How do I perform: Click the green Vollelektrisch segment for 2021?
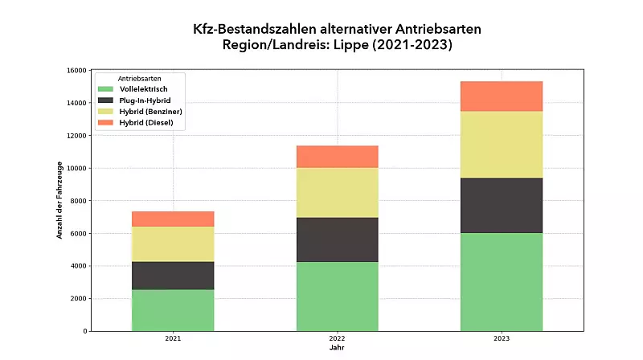[x=173, y=310]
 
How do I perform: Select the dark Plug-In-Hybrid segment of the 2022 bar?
[x=338, y=239]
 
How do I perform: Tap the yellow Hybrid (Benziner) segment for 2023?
[x=502, y=145]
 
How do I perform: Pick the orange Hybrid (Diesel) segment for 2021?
[x=173, y=219]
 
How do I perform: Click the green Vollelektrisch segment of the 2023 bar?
[x=502, y=282]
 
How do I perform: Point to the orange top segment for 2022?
[x=338, y=157]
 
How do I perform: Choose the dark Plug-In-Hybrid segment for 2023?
[x=502, y=206]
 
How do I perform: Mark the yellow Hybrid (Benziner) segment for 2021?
[x=173, y=244]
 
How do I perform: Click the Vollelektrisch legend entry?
[x=142, y=88]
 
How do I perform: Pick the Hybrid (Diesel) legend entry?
[x=145, y=122]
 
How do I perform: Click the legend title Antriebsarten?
[x=139, y=78]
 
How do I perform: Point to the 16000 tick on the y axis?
[x=77, y=71]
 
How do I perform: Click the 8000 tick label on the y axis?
[x=79, y=201]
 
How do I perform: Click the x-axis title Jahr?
[x=337, y=349]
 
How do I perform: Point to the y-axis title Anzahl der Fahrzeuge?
[x=59, y=201]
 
